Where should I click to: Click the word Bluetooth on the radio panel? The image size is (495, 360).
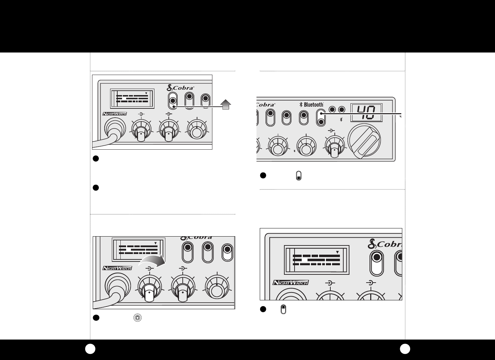313,105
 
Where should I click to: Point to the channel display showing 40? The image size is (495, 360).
365,112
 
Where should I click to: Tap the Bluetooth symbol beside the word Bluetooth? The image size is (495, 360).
301,105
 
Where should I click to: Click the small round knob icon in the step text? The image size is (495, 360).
137,318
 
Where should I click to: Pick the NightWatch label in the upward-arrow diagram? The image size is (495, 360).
115,114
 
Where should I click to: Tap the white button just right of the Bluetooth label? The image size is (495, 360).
321,118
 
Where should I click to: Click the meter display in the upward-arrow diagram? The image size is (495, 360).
132,97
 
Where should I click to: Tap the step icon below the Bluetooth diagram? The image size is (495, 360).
299,176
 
